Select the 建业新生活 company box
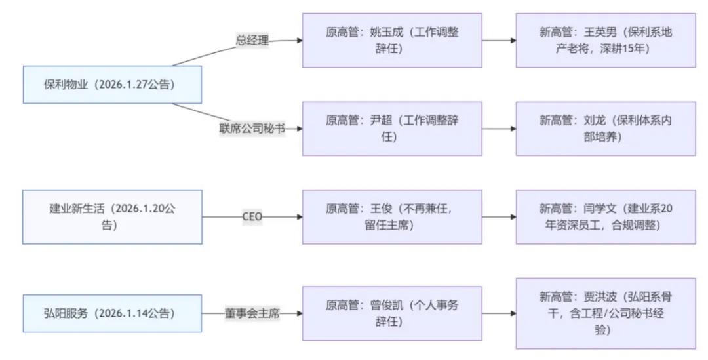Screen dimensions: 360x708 (x=112, y=217)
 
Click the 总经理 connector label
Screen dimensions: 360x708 (x=252, y=41)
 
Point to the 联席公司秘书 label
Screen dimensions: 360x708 (x=252, y=129)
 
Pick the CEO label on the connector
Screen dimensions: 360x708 (x=252, y=217)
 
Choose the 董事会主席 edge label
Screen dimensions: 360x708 (x=252, y=313)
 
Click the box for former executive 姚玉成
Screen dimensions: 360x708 (x=392, y=40)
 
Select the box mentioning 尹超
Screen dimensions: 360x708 (x=392, y=129)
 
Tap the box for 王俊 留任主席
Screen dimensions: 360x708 (x=392, y=217)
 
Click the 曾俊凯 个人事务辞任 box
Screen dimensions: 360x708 (x=392, y=313)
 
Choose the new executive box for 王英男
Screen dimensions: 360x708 (x=606, y=40)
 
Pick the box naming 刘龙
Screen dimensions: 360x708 (x=606, y=129)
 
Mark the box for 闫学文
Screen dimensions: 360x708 (x=606, y=217)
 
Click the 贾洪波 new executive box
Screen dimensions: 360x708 (x=606, y=313)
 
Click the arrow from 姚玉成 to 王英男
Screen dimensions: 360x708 (x=499, y=41)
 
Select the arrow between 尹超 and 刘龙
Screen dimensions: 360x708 (x=499, y=129)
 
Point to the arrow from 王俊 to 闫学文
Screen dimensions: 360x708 (x=499, y=217)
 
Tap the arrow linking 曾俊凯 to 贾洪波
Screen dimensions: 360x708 (x=499, y=313)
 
